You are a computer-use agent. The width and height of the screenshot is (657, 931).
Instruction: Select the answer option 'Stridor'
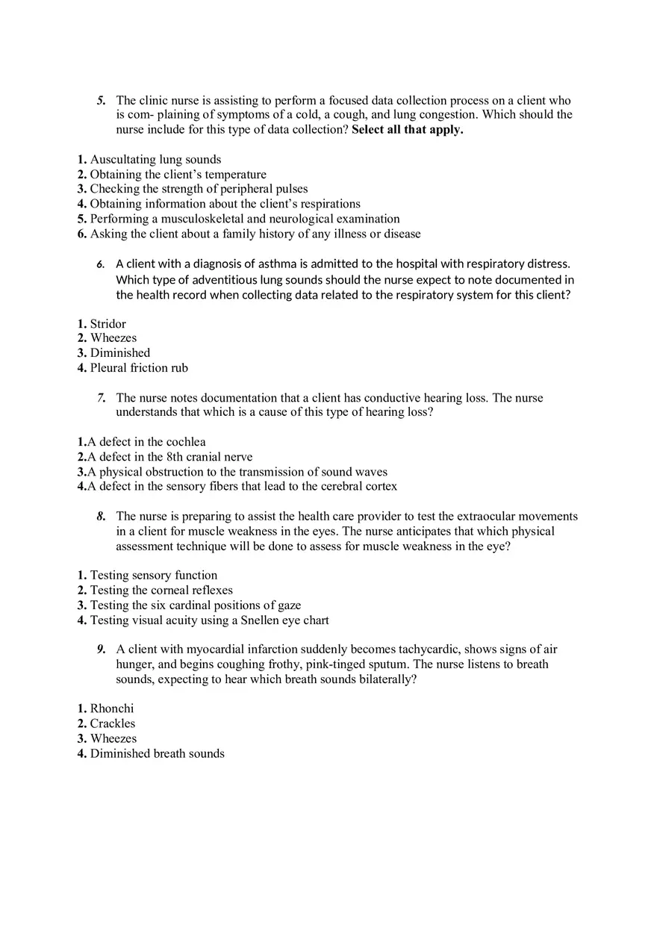pyautogui.click(x=108, y=324)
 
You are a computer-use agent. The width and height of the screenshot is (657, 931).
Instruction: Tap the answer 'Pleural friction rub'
pyautogui.click(x=139, y=368)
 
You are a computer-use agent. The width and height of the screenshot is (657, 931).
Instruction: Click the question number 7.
pyautogui.click(x=101, y=398)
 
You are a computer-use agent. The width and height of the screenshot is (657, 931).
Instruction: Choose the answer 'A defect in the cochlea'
pyautogui.click(x=146, y=442)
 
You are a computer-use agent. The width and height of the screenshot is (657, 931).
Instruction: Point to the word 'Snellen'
pyautogui.click(x=250, y=620)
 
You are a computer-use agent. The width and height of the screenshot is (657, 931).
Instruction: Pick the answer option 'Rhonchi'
pyautogui.click(x=112, y=709)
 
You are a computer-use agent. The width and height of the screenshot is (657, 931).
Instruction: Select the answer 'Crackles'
pyautogui.click(x=113, y=723)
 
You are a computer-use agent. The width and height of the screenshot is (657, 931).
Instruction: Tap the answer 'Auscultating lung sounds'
pyautogui.click(x=155, y=160)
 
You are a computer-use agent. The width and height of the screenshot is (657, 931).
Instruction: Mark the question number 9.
pyautogui.click(x=101, y=650)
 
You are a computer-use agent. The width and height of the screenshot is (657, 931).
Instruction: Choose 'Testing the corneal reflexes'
pyautogui.click(x=161, y=591)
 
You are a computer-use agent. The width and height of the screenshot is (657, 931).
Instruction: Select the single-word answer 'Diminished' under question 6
pyautogui.click(x=119, y=353)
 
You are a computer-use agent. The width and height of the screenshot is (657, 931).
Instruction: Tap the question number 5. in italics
pyautogui.click(x=101, y=101)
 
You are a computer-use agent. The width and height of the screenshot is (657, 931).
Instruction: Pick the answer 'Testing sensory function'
pyautogui.click(x=154, y=576)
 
